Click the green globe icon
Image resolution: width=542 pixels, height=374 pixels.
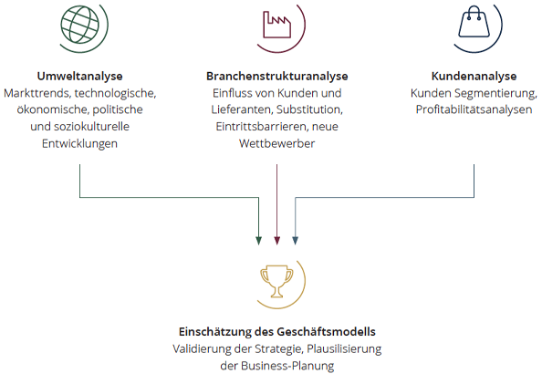[80, 25]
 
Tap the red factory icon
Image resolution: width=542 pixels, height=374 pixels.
[276, 25]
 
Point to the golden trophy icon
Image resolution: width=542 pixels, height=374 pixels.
[276, 281]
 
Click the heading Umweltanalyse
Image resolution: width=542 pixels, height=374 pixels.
[80, 76]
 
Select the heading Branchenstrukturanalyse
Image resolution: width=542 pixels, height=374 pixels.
[276, 76]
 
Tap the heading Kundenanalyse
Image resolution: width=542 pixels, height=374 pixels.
[474, 76]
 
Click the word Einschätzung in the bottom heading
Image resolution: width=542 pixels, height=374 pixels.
[215, 331]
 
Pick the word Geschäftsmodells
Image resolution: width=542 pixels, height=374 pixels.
[327, 331]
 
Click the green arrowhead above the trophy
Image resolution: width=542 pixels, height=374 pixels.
[258, 241]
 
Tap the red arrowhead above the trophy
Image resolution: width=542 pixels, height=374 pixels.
[276, 241]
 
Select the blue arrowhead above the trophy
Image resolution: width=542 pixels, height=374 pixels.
[296, 241]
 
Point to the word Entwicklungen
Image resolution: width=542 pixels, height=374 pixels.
[80, 143]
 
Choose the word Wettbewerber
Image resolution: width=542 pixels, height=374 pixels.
[276, 143]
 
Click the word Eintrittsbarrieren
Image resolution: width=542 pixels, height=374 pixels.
[263, 127]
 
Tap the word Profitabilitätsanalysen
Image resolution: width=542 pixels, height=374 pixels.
[474, 109]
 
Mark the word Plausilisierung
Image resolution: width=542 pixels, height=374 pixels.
[344, 348]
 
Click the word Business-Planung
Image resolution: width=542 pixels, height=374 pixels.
[287, 366]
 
